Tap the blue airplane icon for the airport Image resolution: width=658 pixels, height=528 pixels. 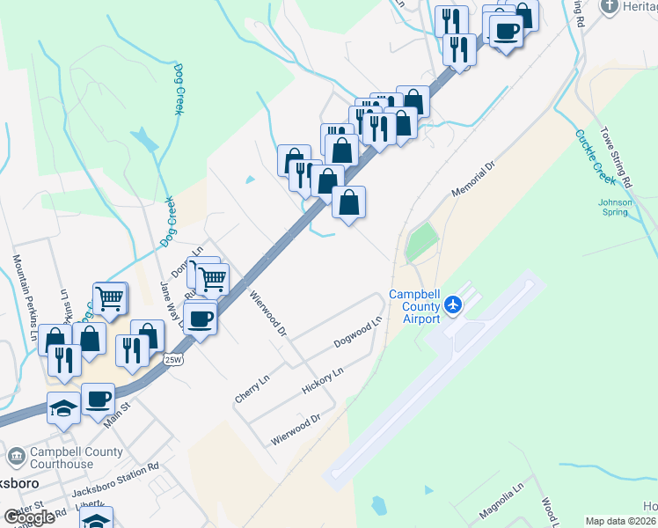click(x=454, y=304)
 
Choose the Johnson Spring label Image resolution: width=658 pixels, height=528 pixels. click(x=615, y=207)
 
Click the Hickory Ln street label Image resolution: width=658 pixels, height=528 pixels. click(x=321, y=380)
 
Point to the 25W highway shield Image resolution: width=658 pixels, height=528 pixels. click(x=172, y=358)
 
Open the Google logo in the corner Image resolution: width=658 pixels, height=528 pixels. click(x=29, y=517)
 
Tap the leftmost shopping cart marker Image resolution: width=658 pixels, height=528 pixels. click(x=111, y=298)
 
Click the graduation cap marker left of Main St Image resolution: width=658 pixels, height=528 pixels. click(x=63, y=407)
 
